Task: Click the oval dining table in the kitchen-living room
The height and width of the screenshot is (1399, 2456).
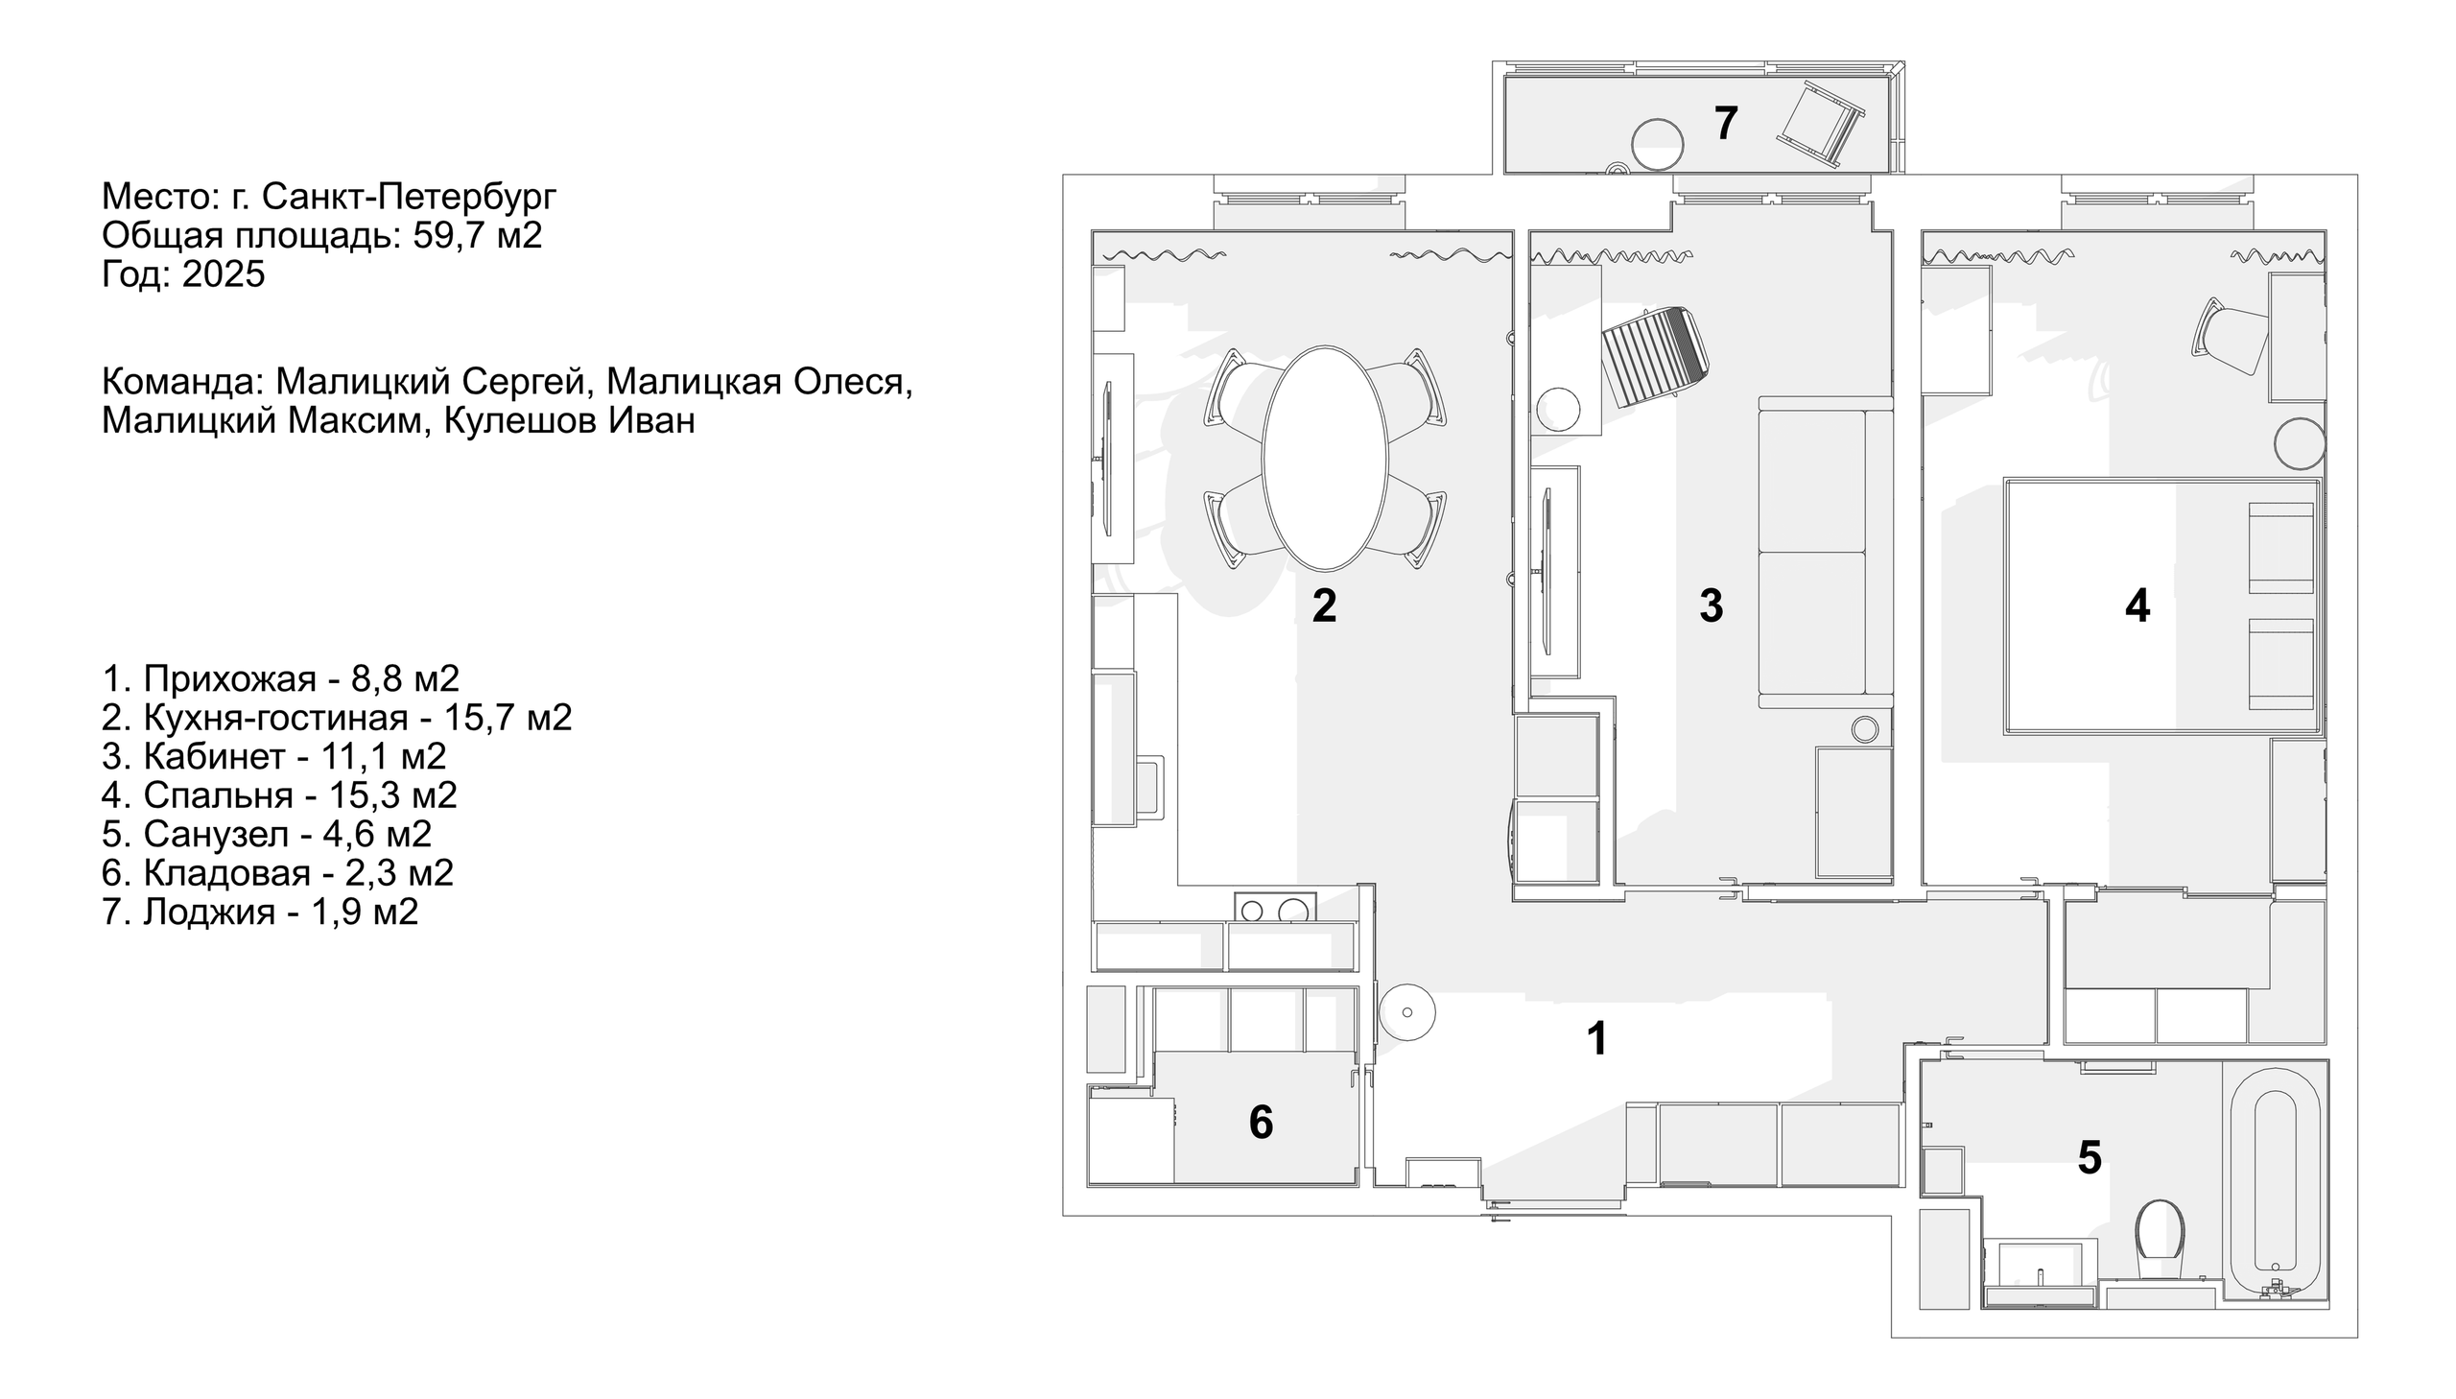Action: click(x=1325, y=459)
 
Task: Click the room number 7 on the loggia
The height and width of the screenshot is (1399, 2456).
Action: click(x=1725, y=124)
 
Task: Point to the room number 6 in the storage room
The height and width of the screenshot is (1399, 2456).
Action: click(x=1261, y=1123)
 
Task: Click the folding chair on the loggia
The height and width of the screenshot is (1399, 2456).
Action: click(x=1820, y=125)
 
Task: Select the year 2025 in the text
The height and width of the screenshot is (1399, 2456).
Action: click(x=223, y=274)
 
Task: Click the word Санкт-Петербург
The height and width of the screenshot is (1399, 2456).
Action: click(x=408, y=197)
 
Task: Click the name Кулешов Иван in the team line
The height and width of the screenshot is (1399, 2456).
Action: click(x=569, y=421)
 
